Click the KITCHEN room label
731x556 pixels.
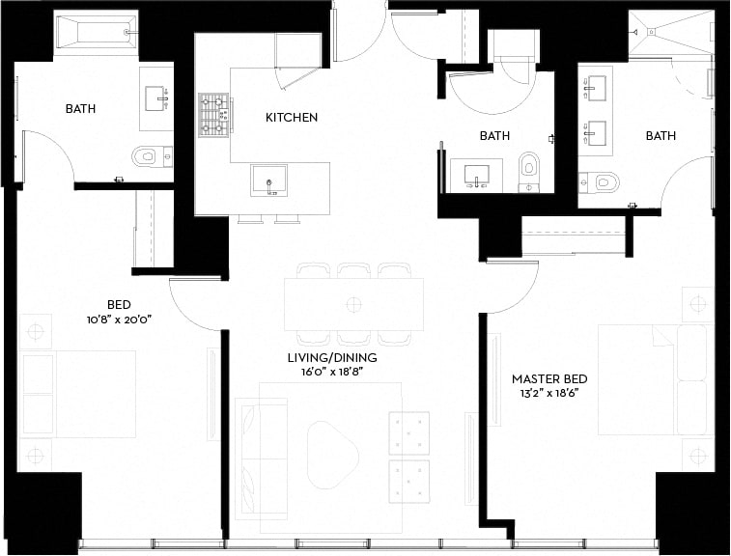pyautogui.click(x=292, y=118)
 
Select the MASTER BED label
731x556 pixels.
pyautogui.click(x=549, y=379)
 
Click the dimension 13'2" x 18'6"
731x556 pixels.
pyautogui.click(x=549, y=394)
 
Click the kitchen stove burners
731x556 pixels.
pyautogui.click(x=213, y=115)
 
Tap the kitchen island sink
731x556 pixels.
pyautogui.click(x=268, y=180)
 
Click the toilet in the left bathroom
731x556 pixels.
pyautogui.click(x=147, y=156)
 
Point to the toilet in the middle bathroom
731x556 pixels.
pyautogui.click(x=528, y=168)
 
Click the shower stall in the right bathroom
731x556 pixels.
pyautogui.click(x=669, y=36)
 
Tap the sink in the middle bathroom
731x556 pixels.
pyautogui.click(x=476, y=176)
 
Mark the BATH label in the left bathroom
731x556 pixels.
pyautogui.click(x=80, y=109)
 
